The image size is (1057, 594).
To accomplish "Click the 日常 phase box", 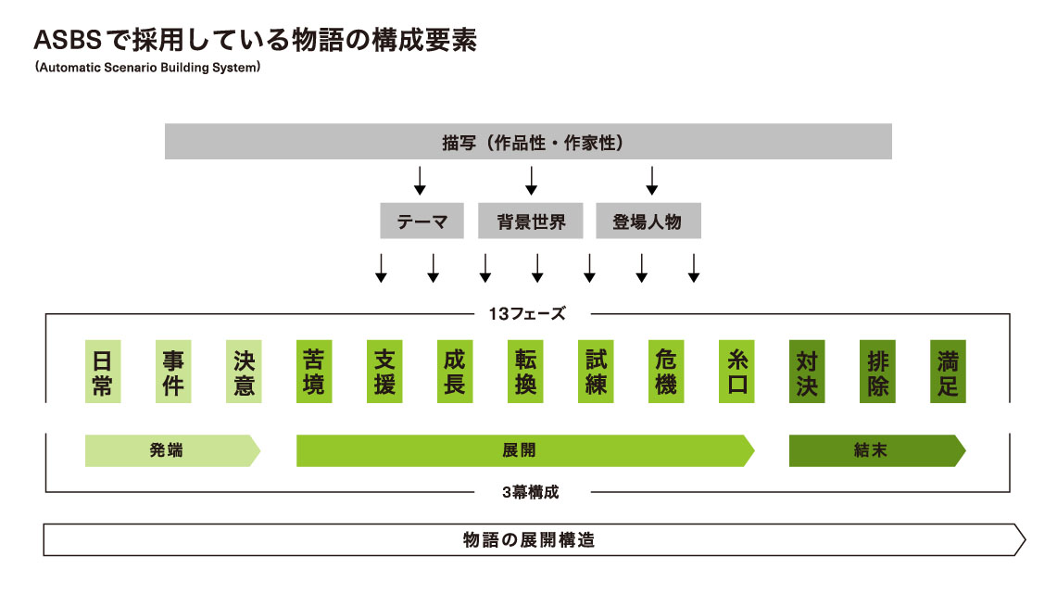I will coord(103,372).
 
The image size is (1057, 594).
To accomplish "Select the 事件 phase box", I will coord(173,372).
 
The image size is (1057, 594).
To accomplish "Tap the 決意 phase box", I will coord(244,372).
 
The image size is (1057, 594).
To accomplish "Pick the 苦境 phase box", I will coord(314,372).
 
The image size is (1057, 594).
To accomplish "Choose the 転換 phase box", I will coord(525,372).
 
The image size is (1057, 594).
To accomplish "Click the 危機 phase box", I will coord(666,372).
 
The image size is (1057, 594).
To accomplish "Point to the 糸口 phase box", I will coord(736,372).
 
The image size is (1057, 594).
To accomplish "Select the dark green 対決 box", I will coord(807,372).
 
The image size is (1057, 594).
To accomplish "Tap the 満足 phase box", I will coord(948,372).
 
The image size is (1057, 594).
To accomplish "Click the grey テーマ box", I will coord(422,221).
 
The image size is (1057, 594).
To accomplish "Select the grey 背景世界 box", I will coord(531,221).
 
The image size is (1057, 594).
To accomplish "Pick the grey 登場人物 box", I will coord(648,221).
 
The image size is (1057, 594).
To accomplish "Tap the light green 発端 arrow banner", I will coord(171,451).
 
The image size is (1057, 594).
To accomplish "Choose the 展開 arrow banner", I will coord(523,451).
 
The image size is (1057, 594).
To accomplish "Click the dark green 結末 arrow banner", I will coord(875,451).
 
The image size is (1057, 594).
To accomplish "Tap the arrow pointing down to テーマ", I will coord(420,180).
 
